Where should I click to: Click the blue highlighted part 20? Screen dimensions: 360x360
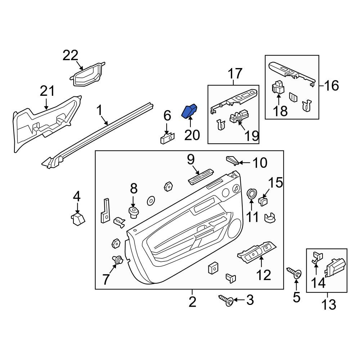click(189, 111)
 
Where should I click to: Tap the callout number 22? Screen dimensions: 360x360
click(71, 55)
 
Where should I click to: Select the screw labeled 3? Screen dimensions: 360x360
click(226, 300)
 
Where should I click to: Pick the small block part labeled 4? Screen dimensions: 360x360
click(78, 219)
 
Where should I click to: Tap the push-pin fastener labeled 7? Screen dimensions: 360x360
click(118, 260)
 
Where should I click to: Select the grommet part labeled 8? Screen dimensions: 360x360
click(134, 212)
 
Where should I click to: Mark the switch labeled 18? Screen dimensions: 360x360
click(278, 87)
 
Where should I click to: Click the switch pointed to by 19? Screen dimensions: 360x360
click(239, 117)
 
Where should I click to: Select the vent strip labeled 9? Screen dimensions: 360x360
click(201, 176)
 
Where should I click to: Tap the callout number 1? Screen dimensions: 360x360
click(99, 111)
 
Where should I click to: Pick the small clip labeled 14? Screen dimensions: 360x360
click(318, 257)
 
